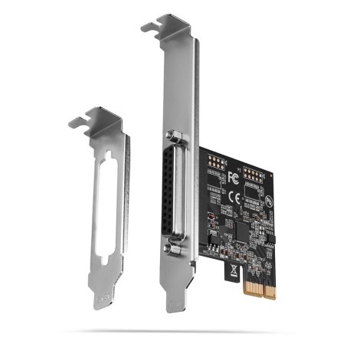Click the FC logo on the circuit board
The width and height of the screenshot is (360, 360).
233,178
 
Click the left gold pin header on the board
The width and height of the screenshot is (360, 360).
215,164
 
